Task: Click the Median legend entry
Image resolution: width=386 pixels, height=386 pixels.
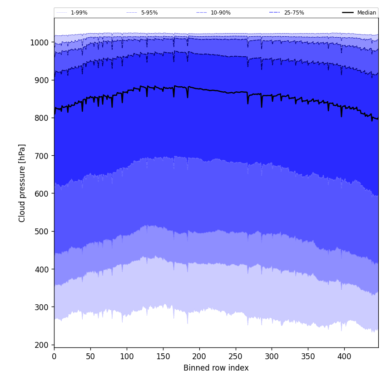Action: [x=366, y=13]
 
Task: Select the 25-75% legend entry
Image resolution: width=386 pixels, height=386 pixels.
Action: [x=294, y=13]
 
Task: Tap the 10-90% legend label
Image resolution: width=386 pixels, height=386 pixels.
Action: [x=220, y=13]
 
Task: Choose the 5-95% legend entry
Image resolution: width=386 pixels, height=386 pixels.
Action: [x=149, y=13]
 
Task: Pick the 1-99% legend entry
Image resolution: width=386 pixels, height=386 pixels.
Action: [x=79, y=13]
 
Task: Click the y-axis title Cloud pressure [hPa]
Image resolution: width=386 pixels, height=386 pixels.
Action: [x=22, y=183]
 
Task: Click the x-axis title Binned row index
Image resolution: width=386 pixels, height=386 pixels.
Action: [x=216, y=368]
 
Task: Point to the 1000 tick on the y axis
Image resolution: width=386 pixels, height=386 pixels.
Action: [x=39, y=42]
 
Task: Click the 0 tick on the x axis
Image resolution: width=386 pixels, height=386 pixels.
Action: [x=54, y=356]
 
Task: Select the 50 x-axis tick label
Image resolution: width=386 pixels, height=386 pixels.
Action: [x=90, y=356]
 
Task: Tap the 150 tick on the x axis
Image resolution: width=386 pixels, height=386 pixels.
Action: [x=163, y=356]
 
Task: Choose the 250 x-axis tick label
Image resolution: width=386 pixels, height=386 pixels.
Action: [x=235, y=356]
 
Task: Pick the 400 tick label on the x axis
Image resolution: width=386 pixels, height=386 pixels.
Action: [x=344, y=356]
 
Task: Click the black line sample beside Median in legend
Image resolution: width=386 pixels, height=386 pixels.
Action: [x=348, y=13]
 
